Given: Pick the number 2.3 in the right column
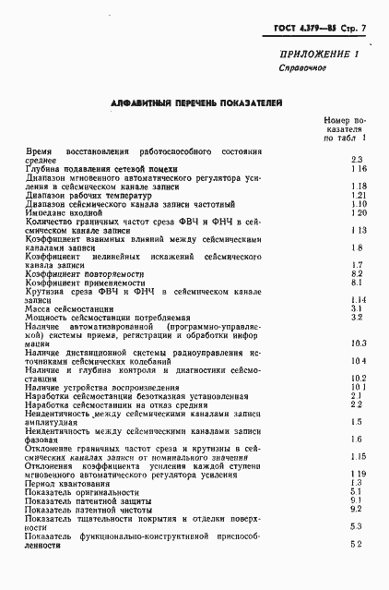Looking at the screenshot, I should tap(358, 160).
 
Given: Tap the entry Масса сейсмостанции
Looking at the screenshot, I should tap(75, 308).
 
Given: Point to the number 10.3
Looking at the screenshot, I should tap(359, 343).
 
